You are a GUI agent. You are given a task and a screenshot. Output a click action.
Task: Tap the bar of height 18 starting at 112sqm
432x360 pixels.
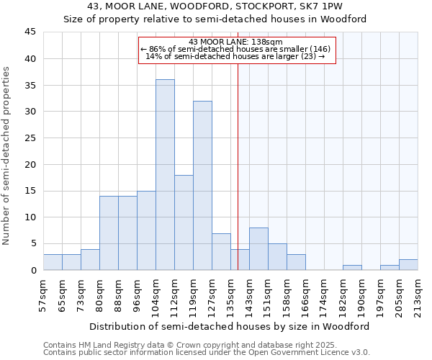[x=184, y=222]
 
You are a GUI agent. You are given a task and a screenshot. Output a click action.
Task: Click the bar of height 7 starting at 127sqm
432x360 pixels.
[x=221, y=251]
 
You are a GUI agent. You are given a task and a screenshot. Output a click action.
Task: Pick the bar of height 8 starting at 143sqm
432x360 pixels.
[x=258, y=249]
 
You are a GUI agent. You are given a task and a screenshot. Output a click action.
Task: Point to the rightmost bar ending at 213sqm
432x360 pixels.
[x=408, y=265]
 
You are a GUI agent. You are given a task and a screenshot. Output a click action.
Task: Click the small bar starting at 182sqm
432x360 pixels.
[x=352, y=268]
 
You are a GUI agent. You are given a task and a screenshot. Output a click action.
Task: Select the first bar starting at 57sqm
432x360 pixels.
[x=53, y=262]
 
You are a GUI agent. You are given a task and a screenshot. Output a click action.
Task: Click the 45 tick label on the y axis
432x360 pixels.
[x=30, y=32]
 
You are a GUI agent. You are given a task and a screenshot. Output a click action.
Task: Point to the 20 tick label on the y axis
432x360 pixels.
[x=30, y=164]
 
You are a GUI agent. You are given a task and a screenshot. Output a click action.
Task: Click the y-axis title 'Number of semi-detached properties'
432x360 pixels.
[x=7, y=155]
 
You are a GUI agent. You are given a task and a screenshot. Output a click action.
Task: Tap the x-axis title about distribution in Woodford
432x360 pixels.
[x=230, y=326]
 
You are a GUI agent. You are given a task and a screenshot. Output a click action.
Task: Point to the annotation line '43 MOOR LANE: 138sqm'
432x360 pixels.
[x=235, y=42]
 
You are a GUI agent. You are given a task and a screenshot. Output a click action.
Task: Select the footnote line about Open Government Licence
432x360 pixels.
[x=207, y=352]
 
